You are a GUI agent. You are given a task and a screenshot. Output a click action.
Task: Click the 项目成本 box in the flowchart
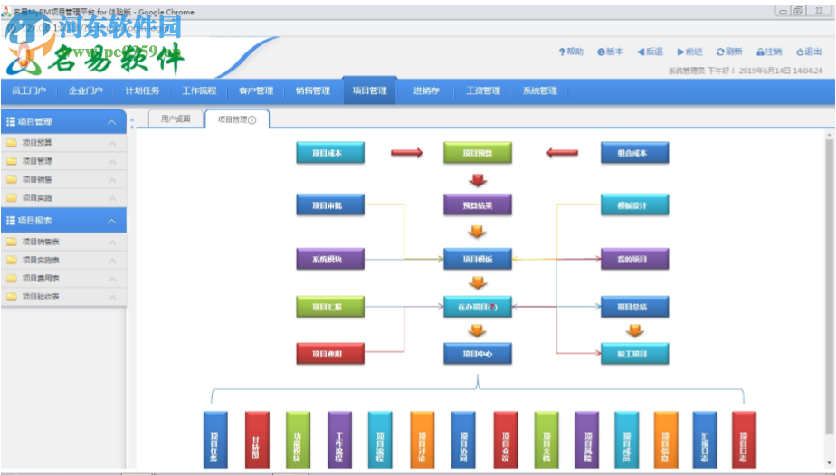tap(330, 153)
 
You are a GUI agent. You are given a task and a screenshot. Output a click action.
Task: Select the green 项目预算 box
tap(478, 153)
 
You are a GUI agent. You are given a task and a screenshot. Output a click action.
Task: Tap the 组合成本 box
tap(635, 153)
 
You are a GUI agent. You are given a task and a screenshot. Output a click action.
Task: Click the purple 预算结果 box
tap(478, 205)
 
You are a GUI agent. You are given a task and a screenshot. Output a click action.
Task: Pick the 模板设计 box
tap(635, 205)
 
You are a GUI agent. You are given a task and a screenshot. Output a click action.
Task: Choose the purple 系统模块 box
tap(330, 259)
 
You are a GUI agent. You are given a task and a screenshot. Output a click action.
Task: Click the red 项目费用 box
tap(330, 353)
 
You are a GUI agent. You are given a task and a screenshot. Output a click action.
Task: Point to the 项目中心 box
tap(478, 353)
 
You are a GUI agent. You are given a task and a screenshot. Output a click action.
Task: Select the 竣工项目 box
tap(635, 353)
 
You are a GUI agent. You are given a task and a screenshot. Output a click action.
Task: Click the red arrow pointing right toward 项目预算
tap(406, 153)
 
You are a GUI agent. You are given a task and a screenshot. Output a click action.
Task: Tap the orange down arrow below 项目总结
tap(635, 330)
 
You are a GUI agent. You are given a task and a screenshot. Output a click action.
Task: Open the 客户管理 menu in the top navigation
tap(256, 90)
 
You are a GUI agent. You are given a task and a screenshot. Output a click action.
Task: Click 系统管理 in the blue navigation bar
tap(539, 90)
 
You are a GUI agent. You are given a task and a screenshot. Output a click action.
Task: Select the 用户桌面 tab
tap(176, 119)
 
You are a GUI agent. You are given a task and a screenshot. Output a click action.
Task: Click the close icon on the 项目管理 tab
tap(252, 119)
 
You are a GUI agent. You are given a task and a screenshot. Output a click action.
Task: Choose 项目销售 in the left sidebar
tap(38, 179)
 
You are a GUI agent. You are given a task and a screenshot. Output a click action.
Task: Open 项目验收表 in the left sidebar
tap(41, 296)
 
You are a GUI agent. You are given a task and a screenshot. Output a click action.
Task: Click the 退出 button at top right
tap(808, 52)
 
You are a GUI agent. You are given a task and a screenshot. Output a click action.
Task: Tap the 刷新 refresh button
tap(729, 52)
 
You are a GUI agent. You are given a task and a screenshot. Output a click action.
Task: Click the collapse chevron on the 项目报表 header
tap(111, 220)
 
